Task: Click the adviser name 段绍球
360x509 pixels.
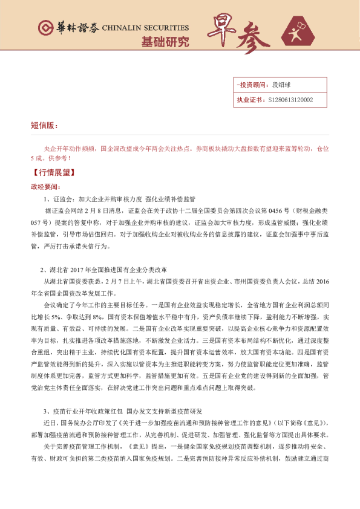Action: tap(282, 86)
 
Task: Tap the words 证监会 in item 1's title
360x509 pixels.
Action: tap(63, 199)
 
